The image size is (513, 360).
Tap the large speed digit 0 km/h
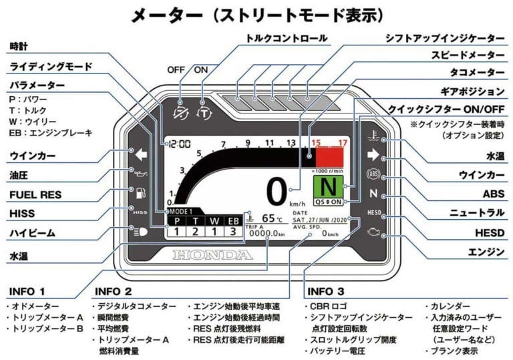pos(277,191)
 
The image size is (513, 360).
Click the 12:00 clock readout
pos(178,143)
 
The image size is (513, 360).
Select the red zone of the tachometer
pos(331,157)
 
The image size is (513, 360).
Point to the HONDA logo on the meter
pos(213,254)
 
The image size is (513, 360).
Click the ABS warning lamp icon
pos(373,175)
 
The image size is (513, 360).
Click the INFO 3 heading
pos(326,291)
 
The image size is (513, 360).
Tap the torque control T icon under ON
pos(203,112)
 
